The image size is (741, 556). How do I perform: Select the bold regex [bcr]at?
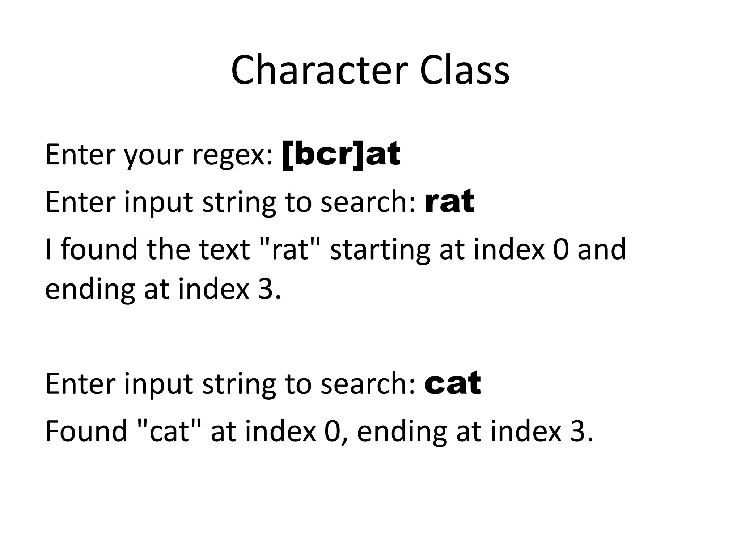pyautogui.click(x=341, y=155)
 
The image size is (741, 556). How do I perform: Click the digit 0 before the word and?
pyautogui.click(x=561, y=249)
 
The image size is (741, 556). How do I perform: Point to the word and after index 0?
pyautogui.click(x=601, y=249)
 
